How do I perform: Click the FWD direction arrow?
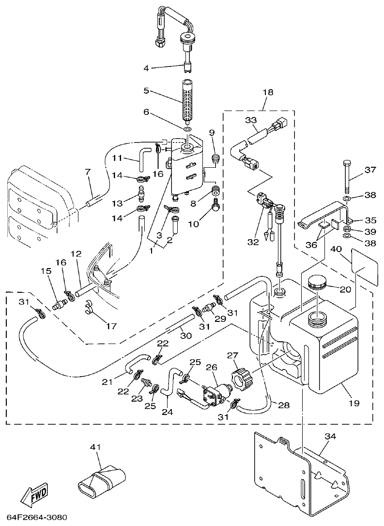[34, 494]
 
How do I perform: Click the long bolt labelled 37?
[346, 177]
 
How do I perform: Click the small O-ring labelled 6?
[187, 129]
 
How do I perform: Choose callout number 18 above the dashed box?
[267, 92]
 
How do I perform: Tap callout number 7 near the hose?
[87, 172]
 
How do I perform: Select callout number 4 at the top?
[147, 68]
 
